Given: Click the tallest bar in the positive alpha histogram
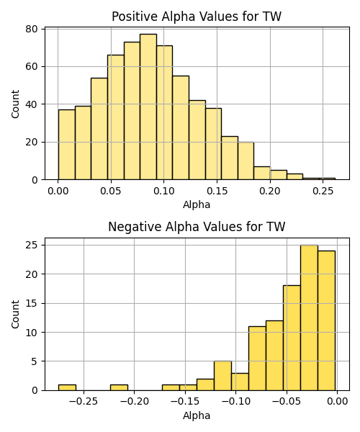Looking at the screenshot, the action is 148,107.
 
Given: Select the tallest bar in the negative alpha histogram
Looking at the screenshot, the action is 309,318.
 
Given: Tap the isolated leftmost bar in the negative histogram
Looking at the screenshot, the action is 67,387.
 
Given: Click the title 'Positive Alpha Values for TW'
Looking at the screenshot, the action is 197,17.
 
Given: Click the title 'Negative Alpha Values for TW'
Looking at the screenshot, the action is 197,227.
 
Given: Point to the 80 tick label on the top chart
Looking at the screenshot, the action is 31,29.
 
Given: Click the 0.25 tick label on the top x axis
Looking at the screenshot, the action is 323,191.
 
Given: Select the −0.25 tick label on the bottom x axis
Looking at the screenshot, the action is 84,402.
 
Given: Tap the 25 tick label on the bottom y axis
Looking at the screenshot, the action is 31,245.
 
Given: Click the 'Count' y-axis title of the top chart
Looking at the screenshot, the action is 15,104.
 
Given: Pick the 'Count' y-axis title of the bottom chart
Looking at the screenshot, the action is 15,314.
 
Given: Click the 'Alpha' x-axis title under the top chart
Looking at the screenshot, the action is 197,204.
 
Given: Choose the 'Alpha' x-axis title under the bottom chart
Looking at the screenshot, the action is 197,415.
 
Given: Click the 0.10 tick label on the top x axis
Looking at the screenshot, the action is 164,191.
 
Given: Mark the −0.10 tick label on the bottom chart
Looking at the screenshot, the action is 235,402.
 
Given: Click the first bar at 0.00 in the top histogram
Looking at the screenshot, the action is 67,145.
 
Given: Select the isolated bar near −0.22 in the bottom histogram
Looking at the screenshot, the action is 119,387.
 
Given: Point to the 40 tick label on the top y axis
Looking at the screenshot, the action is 31,104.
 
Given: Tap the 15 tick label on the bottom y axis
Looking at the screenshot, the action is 31,303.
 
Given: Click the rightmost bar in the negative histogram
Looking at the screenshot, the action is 326,320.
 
